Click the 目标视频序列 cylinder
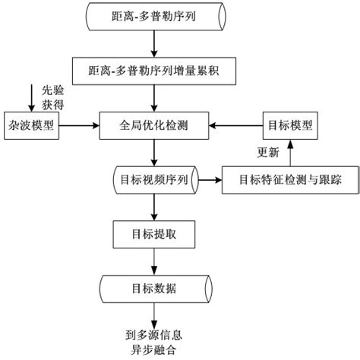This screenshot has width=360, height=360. [x=155, y=180]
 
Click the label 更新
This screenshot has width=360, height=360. [x=268, y=152]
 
